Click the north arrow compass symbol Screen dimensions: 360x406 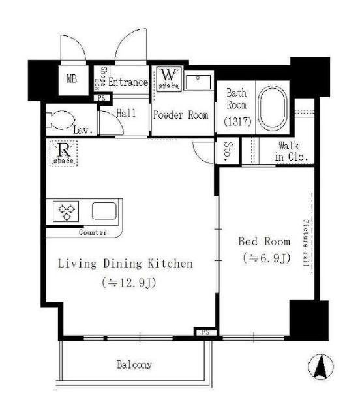click(320, 367)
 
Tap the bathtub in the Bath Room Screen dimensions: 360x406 click(273, 108)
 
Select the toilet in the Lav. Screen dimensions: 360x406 click(59, 120)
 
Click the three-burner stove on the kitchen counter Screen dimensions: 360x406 click(66, 211)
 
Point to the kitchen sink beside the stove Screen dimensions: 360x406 click(104, 211)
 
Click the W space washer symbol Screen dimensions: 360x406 click(169, 78)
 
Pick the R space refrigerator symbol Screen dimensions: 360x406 click(64, 153)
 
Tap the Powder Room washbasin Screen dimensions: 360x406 click(199, 82)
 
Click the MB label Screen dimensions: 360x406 click(72, 78)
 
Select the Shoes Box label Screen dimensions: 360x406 click(100, 78)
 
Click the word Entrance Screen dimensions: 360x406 click(128, 82)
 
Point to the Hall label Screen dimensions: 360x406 click(126, 113)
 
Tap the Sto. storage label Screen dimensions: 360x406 click(228, 150)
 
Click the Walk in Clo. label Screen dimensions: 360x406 click(292, 151)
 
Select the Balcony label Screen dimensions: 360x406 click(134, 365)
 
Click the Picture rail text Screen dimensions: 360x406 click(306, 243)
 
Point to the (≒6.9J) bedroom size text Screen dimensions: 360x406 click(267, 258)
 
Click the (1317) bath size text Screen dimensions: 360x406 click(237, 121)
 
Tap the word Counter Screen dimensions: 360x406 click(93, 232)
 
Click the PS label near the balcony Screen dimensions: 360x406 click(205, 332)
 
